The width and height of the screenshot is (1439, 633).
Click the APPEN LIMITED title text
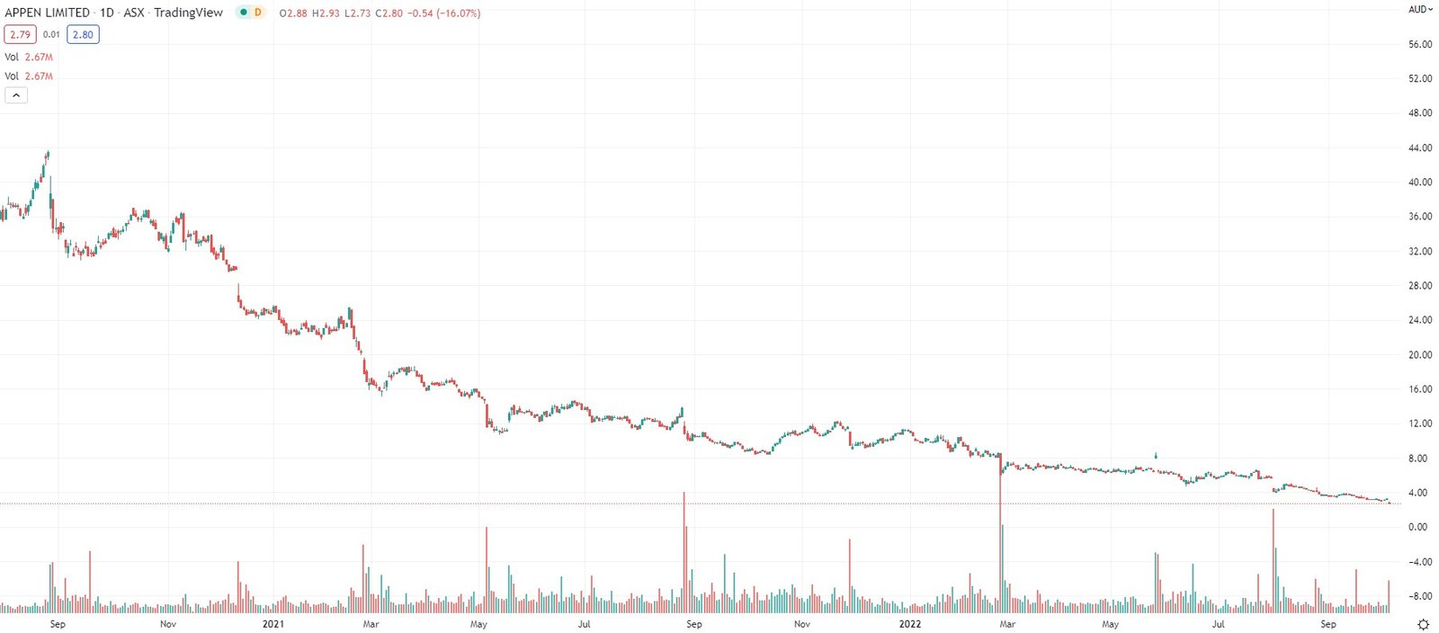48,13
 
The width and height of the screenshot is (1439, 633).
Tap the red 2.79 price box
20,35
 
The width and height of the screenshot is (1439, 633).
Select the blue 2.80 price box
83,35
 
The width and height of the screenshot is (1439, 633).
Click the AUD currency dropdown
1420,10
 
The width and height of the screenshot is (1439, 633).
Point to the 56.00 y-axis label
1420,44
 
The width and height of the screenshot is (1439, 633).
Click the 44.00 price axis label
1420,147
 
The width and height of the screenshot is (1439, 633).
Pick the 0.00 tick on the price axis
1417,527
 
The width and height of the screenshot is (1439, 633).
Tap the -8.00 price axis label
1419,596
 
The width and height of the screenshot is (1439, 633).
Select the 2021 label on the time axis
273,624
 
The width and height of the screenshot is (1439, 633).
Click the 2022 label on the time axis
910,624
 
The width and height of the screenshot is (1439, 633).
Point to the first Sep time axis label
58,624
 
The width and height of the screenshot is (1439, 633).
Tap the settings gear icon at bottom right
1423,624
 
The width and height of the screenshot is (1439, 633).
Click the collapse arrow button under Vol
16,95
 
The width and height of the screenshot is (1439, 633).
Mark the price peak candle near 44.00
48,155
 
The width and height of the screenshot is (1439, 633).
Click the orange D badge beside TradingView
258,13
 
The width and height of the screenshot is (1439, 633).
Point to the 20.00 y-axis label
1420,354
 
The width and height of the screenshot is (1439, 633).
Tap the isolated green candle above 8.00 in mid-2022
1156,456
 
